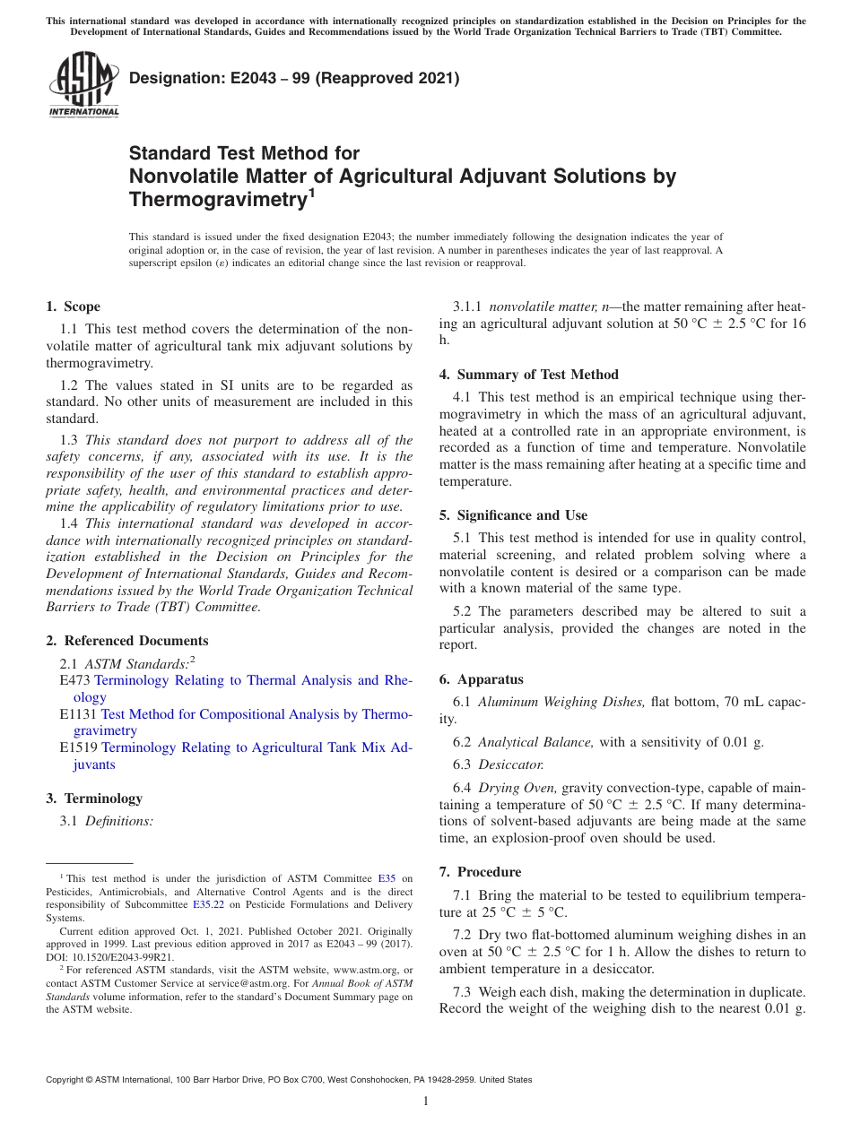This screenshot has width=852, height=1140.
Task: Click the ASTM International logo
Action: [83, 85]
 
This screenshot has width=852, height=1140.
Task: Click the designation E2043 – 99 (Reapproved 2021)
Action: [294, 78]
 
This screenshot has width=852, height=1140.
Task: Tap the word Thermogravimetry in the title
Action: [214, 199]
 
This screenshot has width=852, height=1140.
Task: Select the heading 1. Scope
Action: [73, 307]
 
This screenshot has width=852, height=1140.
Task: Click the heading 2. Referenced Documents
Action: [126, 641]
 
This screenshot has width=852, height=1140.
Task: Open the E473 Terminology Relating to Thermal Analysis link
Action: [253, 680]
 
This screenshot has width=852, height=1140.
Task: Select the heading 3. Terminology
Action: [94, 799]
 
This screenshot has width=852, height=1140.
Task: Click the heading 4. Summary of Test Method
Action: [529, 375]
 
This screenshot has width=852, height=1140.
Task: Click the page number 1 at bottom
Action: [426, 1101]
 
